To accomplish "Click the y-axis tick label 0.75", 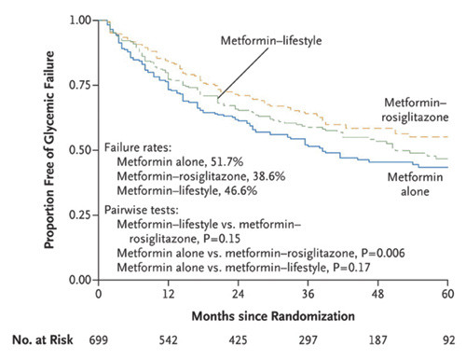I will coord(78,85).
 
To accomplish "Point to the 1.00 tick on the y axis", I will coord(78,20).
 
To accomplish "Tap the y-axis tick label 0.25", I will coord(78,215).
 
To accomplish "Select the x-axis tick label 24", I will coord(240,293).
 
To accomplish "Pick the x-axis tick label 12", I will coord(169,293).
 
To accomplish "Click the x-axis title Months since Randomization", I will coord(272,314).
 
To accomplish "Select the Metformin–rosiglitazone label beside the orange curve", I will coord(416,110).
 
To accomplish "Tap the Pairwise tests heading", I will coord(144,212).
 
